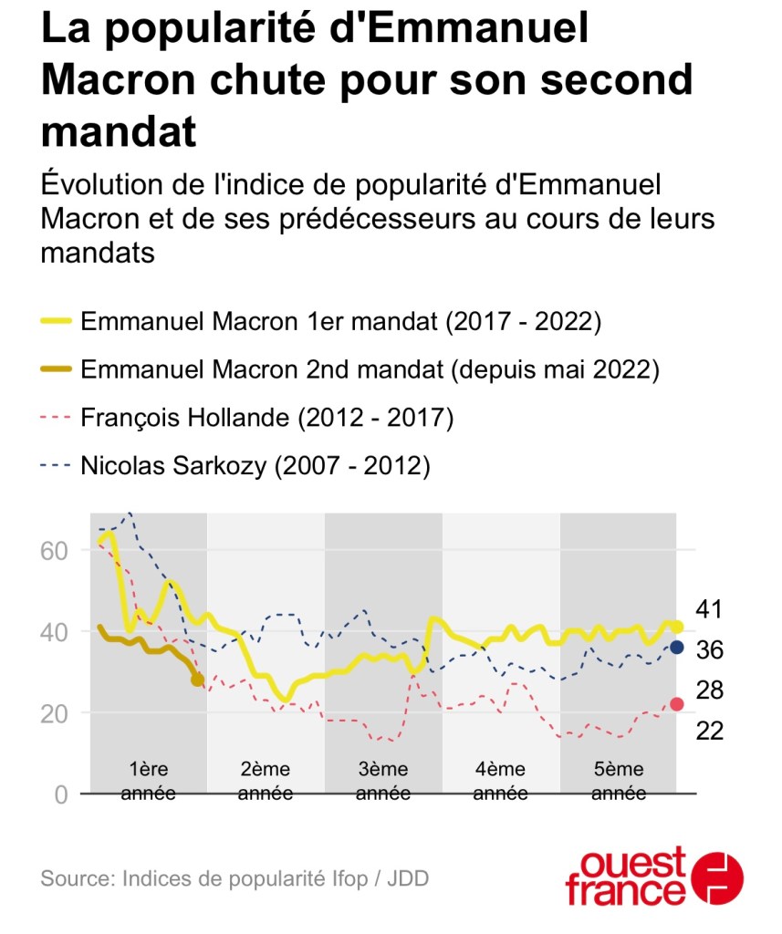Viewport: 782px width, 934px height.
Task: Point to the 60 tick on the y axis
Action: [x=54, y=550]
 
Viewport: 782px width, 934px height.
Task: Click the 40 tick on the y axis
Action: [x=54, y=631]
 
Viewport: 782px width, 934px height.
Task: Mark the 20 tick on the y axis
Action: [x=54, y=712]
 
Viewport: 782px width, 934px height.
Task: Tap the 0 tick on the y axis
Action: [x=60, y=794]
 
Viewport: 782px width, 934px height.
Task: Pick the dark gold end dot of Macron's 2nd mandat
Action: [x=198, y=680]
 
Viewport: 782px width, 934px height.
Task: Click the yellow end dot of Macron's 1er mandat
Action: [x=678, y=627]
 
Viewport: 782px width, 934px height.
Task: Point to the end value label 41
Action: [x=709, y=609]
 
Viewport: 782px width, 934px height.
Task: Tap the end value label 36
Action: [x=709, y=649]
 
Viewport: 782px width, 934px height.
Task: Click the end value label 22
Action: [x=709, y=730]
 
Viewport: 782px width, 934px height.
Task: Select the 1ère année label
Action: [x=149, y=781]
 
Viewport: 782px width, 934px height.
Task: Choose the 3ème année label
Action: [x=383, y=781]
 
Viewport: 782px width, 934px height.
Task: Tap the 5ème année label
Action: [x=618, y=781]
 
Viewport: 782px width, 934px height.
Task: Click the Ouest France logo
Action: [x=654, y=877]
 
